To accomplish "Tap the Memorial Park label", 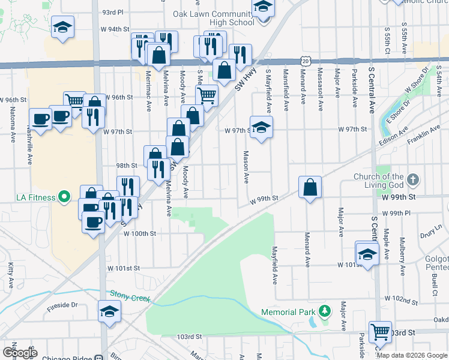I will [x=288, y=312].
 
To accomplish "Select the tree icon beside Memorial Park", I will [x=325, y=311].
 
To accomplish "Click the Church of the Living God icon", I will [x=412, y=179].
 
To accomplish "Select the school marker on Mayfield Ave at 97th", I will [x=261, y=127].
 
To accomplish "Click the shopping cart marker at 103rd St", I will [x=379, y=331].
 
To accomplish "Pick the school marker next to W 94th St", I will [x=62, y=28].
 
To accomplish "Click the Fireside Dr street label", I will [x=62, y=305].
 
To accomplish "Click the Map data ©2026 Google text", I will [x=411, y=355].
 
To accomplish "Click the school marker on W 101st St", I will [x=367, y=253].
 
